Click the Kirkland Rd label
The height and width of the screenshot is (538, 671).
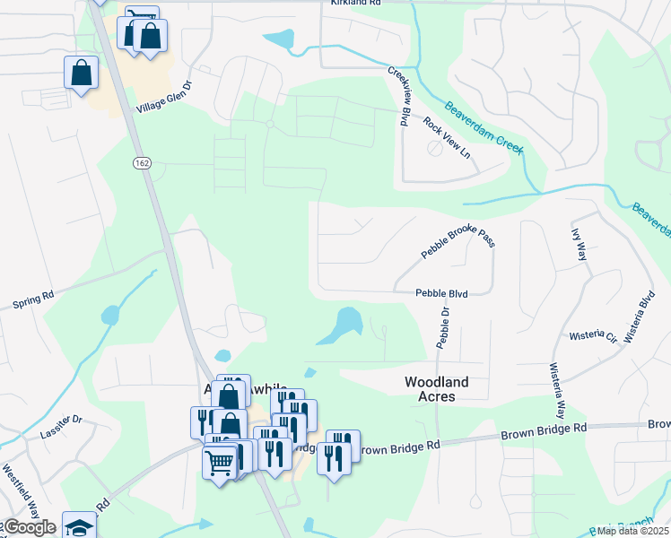tap(355, 4)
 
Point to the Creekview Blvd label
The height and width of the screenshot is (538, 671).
tap(399, 95)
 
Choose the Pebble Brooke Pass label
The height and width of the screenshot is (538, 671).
tap(458, 241)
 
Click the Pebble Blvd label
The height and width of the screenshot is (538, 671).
tap(442, 293)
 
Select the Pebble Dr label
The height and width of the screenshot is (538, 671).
tap(443, 326)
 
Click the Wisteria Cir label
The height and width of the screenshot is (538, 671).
tap(593, 337)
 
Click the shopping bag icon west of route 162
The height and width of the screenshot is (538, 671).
tap(81, 72)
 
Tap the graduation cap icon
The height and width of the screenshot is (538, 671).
tap(78, 527)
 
